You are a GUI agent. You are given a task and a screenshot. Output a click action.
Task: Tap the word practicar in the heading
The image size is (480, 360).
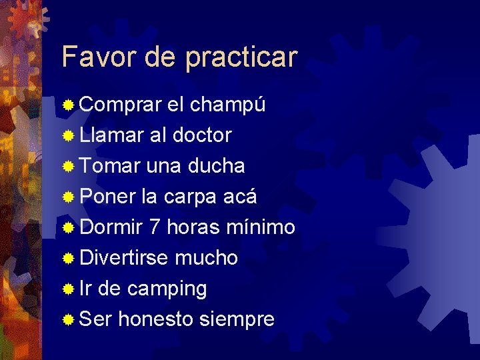(241, 58)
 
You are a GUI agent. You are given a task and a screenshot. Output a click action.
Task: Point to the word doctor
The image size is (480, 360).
(201, 135)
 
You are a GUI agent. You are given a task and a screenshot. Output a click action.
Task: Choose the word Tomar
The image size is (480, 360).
(109, 166)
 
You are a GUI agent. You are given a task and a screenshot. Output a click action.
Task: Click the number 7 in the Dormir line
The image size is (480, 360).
(154, 227)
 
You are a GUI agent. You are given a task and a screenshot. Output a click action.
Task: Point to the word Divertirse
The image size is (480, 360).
(123, 258)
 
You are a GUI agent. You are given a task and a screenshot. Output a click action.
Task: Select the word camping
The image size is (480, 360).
(167, 289)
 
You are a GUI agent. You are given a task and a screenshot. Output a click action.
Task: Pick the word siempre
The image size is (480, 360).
(237, 320)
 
